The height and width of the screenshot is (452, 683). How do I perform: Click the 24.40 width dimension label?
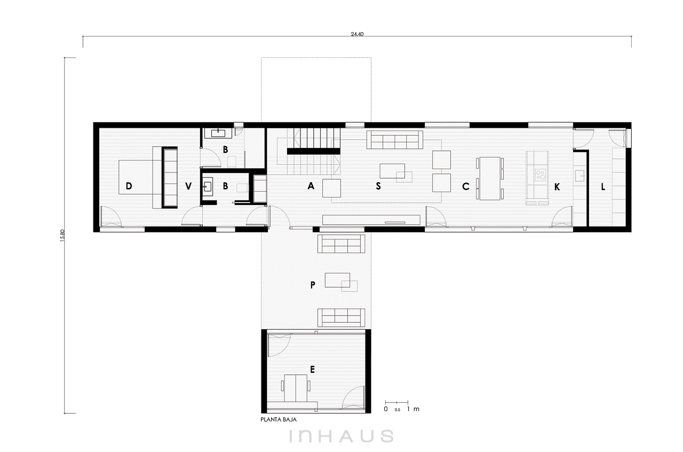click(x=357, y=34)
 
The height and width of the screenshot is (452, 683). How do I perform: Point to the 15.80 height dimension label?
click(x=63, y=236)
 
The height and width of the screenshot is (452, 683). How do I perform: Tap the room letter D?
click(x=129, y=186)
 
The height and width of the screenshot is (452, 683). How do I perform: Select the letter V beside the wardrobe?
click(x=188, y=186)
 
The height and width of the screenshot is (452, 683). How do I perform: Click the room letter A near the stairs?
click(x=311, y=186)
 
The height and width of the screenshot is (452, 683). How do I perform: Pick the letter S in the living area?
click(x=378, y=186)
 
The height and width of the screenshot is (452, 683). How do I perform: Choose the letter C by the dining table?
click(x=466, y=186)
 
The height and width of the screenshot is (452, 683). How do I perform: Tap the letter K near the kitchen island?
click(x=557, y=187)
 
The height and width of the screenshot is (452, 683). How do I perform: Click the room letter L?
click(x=603, y=186)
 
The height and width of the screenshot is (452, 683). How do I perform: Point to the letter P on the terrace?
click(x=313, y=285)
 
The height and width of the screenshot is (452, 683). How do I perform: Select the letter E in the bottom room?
click(x=312, y=370)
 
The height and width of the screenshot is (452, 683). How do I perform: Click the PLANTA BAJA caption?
click(x=279, y=419)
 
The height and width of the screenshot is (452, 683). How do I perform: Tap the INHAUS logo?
click(x=341, y=436)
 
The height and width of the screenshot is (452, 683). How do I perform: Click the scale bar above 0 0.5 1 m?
click(x=396, y=402)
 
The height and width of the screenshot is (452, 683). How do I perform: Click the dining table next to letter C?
click(x=490, y=178)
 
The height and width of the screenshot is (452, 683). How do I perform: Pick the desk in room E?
click(x=296, y=388)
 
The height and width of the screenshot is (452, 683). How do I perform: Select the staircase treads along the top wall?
click(x=317, y=138)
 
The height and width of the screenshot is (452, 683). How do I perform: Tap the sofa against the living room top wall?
click(x=394, y=140)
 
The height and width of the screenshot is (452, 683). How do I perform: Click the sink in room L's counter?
click(x=579, y=176)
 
